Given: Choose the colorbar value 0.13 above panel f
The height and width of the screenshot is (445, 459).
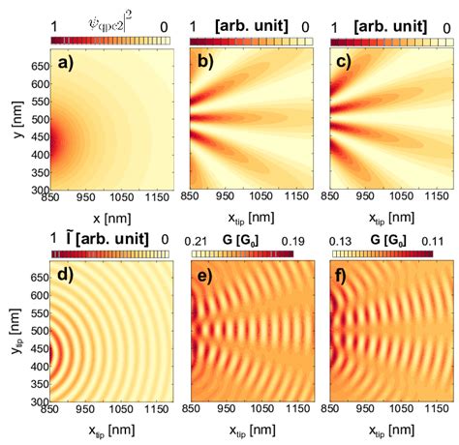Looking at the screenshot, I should coord(342,236).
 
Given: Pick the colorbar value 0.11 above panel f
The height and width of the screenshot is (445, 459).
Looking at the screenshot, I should coord(440,236).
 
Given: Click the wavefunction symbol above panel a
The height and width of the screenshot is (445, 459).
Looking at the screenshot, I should coord(109,20).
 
